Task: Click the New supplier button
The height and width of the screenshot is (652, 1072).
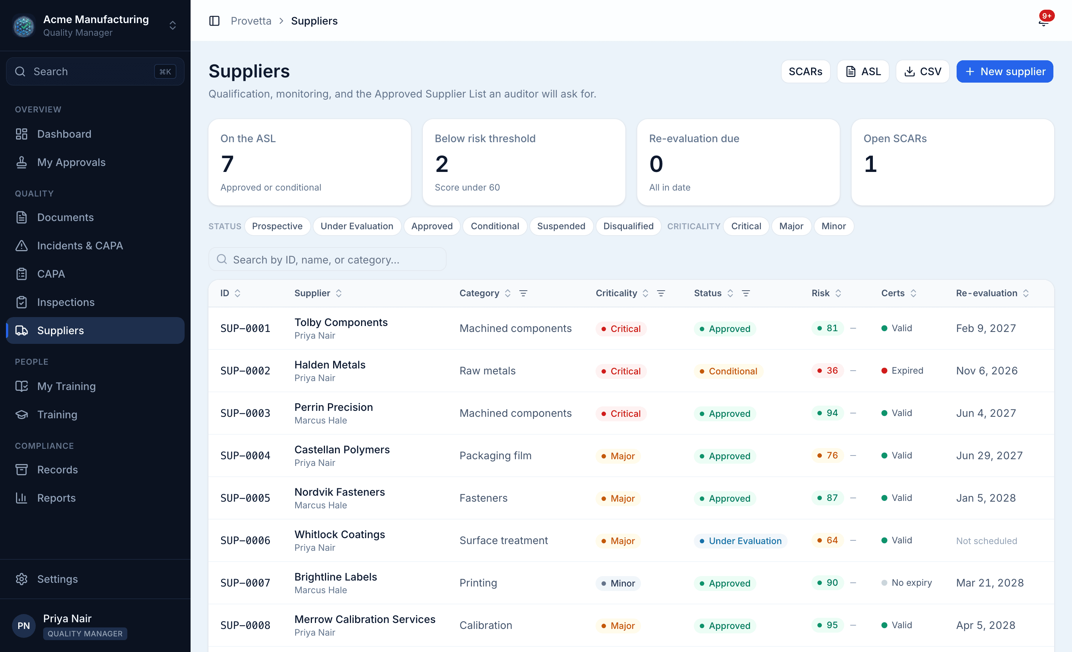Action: pos(1004,71)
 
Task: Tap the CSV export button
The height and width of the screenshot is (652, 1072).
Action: pos(922,71)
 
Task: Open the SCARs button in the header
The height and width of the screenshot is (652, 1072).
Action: pos(805,71)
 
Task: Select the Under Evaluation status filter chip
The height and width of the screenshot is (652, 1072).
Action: pos(357,226)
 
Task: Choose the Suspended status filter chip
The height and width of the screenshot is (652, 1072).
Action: pos(561,226)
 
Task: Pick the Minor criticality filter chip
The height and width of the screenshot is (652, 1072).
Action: pos(833,226)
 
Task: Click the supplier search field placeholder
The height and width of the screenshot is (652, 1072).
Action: pos(316,260)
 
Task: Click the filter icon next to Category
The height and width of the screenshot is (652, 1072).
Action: pos(523,293)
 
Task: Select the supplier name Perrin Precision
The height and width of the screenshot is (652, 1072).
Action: pos(334,407)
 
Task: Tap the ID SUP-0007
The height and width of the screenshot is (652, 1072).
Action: pos(245,583)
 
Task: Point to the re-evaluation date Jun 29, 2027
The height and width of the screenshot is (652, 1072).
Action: pos(989,456)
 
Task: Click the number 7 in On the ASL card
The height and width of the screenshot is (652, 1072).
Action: pos(227,164)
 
